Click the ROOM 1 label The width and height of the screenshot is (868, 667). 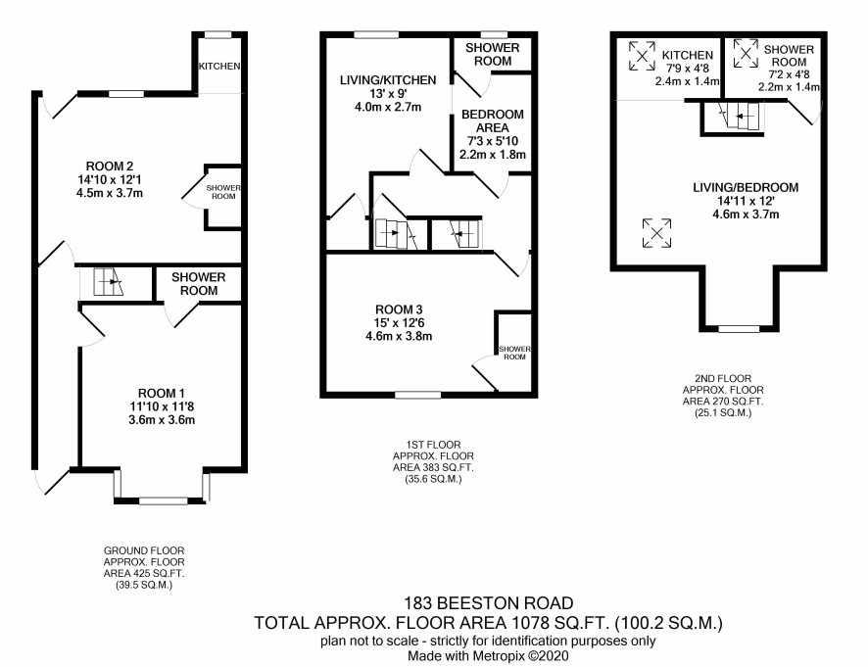(161, 393)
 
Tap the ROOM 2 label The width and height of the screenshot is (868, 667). (110, 167)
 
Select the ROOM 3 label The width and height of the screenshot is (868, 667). (399, 310)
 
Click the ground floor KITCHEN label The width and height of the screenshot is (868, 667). (219, 66)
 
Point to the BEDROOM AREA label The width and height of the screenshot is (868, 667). (493, 120)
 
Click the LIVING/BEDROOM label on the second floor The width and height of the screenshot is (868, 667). (746, 187)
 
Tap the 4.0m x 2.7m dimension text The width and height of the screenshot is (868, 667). (388, 107)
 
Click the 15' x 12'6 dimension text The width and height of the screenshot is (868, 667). (399, 322)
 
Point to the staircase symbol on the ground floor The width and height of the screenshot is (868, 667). (108, 282)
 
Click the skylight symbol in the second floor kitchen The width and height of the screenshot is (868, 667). (642, 56)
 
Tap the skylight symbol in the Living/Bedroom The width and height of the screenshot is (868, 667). (657, 232)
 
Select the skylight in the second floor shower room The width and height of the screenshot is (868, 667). (746, 53)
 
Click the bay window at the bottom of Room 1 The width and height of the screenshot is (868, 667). (162, 487)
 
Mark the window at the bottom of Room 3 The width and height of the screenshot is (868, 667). (418, 395)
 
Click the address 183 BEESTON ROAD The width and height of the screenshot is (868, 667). (489, 602)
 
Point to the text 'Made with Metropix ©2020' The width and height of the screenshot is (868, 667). (488, 656)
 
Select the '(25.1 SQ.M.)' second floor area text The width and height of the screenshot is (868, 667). (723, 413)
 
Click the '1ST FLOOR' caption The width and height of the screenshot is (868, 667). (433, 445)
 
